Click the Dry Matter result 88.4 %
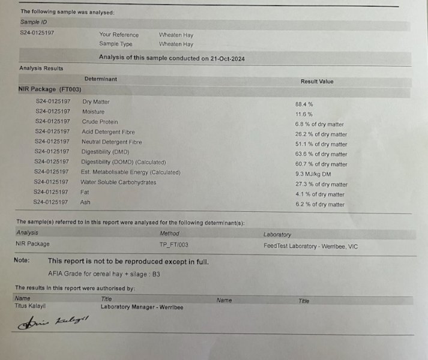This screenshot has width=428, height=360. pos(304,104)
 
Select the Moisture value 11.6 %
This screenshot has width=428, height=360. pos(304,114)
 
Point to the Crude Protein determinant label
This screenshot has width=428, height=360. pos(100,122)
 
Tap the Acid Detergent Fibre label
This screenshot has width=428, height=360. pos(108,132)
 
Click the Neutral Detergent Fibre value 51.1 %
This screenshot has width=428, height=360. pos(322,144)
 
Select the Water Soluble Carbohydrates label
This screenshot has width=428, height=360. pos(118,182)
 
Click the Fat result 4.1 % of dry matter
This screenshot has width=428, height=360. pos(319,194)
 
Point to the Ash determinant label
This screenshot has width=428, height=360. pos(85,202)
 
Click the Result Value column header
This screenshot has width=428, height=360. pos(316,81)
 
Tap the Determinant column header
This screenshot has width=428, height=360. pos(100,79)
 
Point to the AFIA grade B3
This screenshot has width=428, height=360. pos(155,274)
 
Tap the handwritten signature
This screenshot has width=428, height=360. pos(53,323)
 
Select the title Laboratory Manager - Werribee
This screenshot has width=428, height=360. pos(142,307)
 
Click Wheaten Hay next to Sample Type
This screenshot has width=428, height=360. pos(176,44)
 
